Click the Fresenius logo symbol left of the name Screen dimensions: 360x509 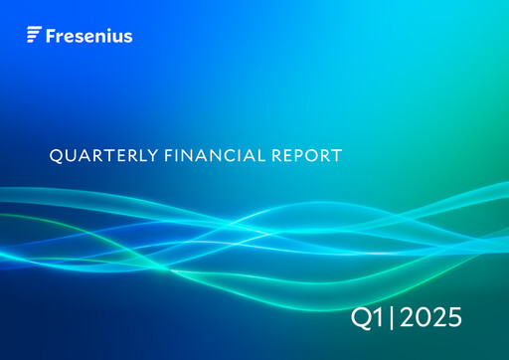[x=34, y=36]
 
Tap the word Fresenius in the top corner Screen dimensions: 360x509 [x=89, y=36]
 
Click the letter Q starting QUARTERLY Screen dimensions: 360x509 [x=55, y=156]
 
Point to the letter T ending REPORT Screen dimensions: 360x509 [x=337, y=156]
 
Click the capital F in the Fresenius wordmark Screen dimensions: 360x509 [x=52, y=36]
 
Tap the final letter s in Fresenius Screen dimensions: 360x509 [x=128, y=37]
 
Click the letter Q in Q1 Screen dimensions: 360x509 [x=363, y=318]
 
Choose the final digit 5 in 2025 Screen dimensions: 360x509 [x=453, y=318]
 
